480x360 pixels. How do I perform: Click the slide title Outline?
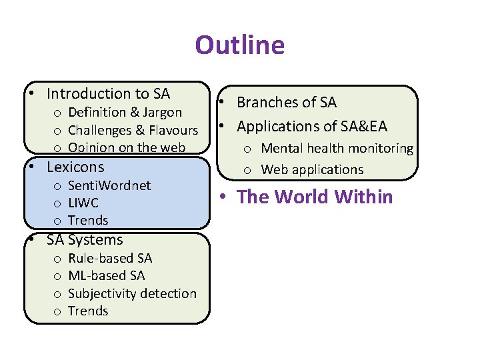click(239, 45)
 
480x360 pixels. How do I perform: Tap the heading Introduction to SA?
click(108, 94)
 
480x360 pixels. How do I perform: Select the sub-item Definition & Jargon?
click(125, 112)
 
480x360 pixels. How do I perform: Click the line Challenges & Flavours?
click(133, 130)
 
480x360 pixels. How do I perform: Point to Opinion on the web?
click(127, 147)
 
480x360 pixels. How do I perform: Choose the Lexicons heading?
click(75, 167)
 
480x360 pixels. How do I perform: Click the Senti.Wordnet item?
click(109, 185)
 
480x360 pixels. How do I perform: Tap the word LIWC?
click(83, 203)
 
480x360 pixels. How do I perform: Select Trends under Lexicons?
click(88, 220)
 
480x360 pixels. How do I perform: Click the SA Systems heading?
click(85, 240)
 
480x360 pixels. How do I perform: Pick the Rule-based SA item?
click(110, 258)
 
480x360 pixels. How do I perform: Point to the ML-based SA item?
click(106, 275)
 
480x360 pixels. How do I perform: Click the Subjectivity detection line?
click(132, 293)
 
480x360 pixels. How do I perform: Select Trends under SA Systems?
click(88, 311)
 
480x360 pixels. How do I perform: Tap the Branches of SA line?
click(287, 103)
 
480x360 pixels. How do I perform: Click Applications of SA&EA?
click(311, 126)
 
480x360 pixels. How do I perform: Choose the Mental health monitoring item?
click(337, 149)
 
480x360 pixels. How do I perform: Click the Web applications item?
click(312, 169)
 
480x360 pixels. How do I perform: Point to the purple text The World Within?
click(315, 197)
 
